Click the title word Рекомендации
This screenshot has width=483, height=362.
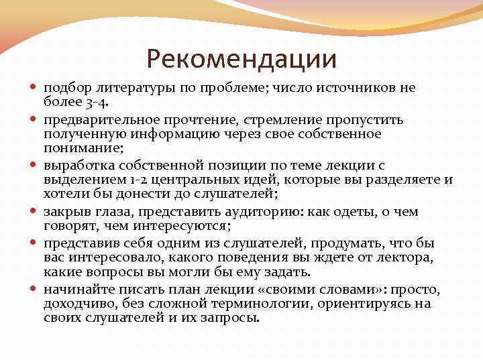pyautogui.click(x=241, y=60)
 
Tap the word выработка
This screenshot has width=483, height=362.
pyautogui.click(x=78, y=166)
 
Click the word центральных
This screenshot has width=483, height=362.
pyautogui.click(x=193, y=180)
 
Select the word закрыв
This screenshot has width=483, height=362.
pyautogui.click(x=67, y=212)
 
